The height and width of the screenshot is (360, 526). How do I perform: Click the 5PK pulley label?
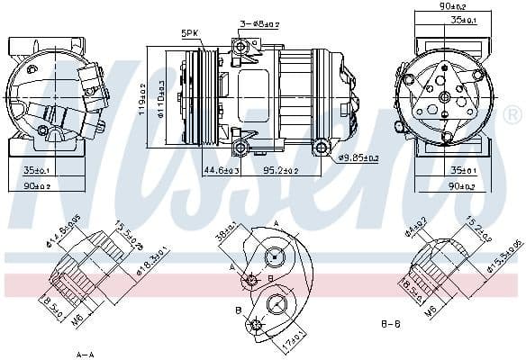(189, 33)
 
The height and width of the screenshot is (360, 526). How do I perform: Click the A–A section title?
(86, 352)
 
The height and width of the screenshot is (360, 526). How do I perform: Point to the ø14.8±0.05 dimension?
(68, 232)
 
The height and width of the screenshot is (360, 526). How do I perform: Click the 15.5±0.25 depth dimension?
(130, 236)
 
